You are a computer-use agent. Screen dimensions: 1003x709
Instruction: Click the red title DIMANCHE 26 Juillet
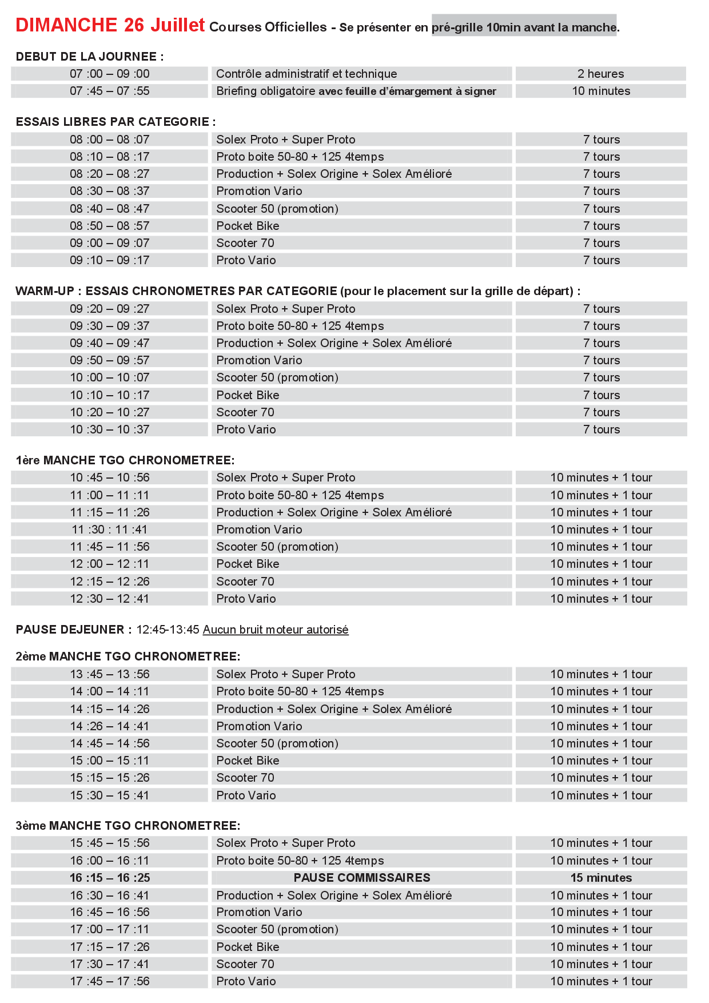pos(110,25)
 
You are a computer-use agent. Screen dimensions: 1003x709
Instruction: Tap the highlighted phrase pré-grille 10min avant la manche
pos(524,27)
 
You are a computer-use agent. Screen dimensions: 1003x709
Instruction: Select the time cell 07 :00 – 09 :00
pos(110,74)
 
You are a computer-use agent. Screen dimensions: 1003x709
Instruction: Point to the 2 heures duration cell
pos(600,74)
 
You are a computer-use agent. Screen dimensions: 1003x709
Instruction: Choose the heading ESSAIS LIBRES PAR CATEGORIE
pos(115,122)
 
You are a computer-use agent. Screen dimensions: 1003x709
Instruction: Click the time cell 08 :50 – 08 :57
pos(110,226)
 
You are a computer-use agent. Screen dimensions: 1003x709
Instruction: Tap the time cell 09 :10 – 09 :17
pos(110,260)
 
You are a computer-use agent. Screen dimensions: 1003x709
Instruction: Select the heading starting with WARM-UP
pos(297,291)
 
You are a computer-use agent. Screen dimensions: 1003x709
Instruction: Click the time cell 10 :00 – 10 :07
pos(110,377)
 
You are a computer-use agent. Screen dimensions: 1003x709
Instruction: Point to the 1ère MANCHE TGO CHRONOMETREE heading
pos(125,460)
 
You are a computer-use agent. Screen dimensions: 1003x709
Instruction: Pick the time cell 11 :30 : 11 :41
pos(110,530)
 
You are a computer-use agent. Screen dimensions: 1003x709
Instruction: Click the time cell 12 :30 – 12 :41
pos(110,599)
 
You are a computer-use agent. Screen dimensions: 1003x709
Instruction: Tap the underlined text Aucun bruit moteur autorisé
pos(276,630)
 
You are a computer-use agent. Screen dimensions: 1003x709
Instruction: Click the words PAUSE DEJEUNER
pos(70,630)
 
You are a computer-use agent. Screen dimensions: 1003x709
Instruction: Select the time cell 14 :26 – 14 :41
pos(110,726)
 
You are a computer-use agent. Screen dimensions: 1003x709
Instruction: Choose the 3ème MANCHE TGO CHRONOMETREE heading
pos(128,826)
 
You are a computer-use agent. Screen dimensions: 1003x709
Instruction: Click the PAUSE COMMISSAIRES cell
pos(362,878)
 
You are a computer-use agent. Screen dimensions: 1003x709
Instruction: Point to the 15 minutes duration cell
pos(601,878)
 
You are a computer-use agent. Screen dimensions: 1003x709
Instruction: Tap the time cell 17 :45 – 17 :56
pos(110,981)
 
